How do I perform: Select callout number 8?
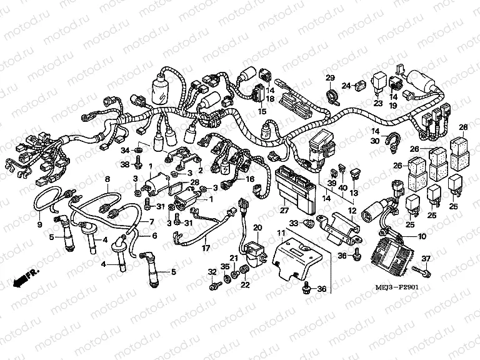[x=107, y=179]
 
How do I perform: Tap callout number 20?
[x=257, y=227]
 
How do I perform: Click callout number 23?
[x=378, y=103]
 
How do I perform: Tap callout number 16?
[x=251, y=179]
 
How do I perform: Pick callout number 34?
[x=125, y=151]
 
